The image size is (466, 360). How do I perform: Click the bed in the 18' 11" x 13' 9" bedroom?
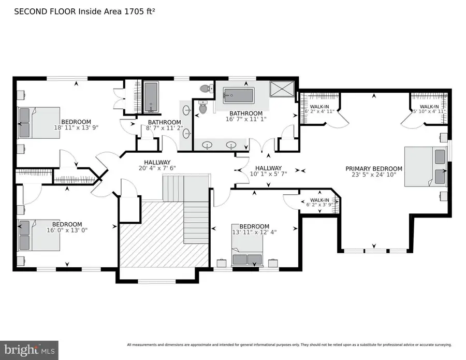click(32, 123)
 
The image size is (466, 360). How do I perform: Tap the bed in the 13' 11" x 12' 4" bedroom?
click(246, 257)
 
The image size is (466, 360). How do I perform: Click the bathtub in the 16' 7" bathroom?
click(239, 96)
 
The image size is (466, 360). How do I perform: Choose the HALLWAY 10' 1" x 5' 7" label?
click(268, 171)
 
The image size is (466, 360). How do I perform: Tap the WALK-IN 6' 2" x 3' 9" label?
click(319, 203)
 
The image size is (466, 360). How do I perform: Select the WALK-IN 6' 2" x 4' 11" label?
click(319, 108)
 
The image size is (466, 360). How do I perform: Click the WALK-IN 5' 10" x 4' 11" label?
click(429, 108)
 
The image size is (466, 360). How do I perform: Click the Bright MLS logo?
click(29, 349)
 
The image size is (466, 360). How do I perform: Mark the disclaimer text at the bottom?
click(289, 344)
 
